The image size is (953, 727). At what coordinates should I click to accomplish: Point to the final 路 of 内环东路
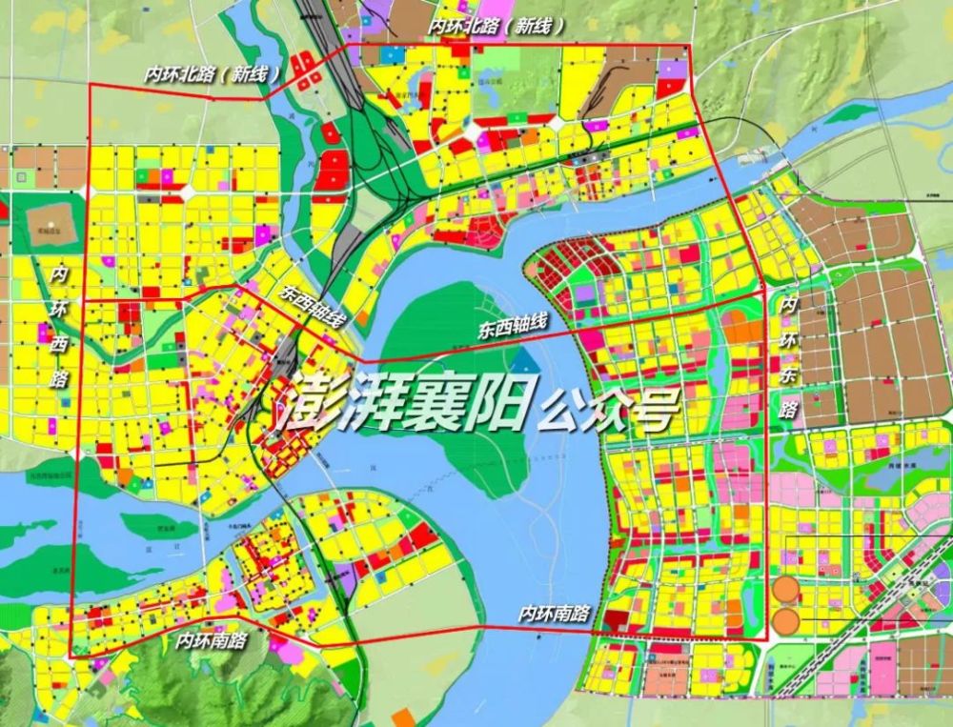(x=788, y=410)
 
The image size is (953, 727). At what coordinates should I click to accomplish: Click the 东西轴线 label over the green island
(x=513, y=327)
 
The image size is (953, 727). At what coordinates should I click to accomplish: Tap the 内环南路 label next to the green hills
(x=212, y=640)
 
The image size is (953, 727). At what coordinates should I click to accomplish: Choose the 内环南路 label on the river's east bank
(x=554, y=615)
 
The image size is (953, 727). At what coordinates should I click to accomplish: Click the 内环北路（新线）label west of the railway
(x=213, y=73)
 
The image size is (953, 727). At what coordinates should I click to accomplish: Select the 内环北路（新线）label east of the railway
(x=497, y=27)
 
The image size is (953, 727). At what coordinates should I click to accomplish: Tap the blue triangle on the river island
(x=522, y=361)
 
